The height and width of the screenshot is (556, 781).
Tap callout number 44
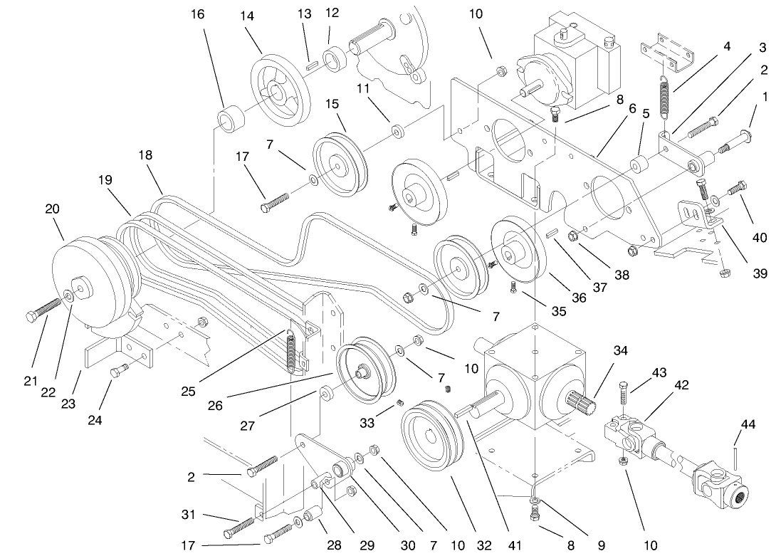[x=748, y=425]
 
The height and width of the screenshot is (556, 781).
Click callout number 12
[x=332, y=13]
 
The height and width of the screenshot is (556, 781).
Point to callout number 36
[x=579, y=298]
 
